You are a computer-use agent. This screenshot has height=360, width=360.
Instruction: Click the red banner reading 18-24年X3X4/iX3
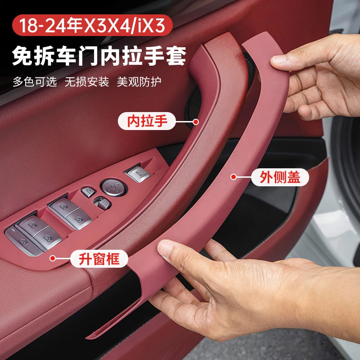(x=92, y=25)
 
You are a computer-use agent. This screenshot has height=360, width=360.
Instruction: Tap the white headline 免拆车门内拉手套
(x=99, y=56)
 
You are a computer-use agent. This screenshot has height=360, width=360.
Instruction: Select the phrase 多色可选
(x=35, y=81)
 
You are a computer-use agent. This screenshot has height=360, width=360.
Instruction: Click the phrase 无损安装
(x=87, y=81)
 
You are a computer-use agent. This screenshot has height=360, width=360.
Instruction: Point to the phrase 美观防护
(x=139, y=81)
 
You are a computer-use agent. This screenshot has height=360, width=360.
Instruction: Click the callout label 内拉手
(x=147, y=121)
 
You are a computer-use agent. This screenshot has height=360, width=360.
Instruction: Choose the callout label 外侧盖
(x=280, y=177)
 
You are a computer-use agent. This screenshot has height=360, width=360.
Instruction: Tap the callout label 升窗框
(x=99, y=259)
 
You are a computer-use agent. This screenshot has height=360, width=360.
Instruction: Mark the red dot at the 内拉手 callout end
(x=196, y=122)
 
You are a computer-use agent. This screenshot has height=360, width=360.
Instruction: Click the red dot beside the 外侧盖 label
(x=234, y=177)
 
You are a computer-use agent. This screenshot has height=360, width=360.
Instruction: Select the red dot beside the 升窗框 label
(x=53, y=258)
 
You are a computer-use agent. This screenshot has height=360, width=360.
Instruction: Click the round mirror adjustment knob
(x=113, y=188)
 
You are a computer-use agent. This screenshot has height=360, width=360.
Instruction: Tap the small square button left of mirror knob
(x=88, y=192)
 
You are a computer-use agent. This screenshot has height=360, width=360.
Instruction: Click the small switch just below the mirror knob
(x=103, y=203)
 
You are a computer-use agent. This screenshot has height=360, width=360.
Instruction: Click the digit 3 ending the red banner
(x=159, y=25)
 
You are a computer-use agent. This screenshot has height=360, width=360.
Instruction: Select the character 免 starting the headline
(x=22, y=56)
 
